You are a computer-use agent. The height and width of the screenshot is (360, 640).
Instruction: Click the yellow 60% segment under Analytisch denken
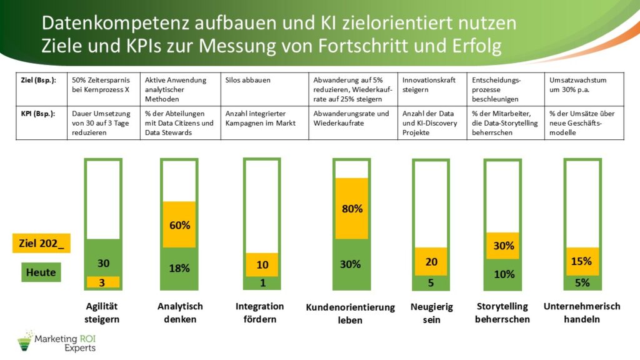point(180,225)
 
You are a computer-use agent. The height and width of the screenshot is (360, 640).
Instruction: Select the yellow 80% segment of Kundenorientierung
point(352,209)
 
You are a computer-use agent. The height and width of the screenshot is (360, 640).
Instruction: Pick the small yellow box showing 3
point(103,282)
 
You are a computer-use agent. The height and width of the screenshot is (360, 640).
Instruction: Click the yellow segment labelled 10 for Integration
point(263,264)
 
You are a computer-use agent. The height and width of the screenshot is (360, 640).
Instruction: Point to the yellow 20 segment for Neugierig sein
point(431,262)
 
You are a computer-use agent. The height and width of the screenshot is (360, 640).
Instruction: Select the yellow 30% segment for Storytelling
point(504,246)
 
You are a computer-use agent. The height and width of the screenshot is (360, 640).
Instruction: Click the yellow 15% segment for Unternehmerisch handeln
point(582,261)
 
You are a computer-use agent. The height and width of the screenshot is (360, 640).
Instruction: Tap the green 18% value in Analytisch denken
point(180,269)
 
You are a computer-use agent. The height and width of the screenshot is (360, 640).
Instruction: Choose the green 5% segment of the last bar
point(582,282)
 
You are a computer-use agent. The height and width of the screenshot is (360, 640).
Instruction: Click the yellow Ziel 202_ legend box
point(41,244)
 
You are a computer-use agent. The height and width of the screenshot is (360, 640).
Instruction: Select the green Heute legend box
point(41,272)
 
